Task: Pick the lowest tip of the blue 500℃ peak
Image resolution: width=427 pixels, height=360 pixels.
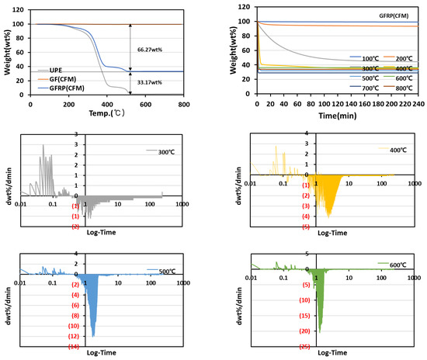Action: (x=94, y=336)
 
